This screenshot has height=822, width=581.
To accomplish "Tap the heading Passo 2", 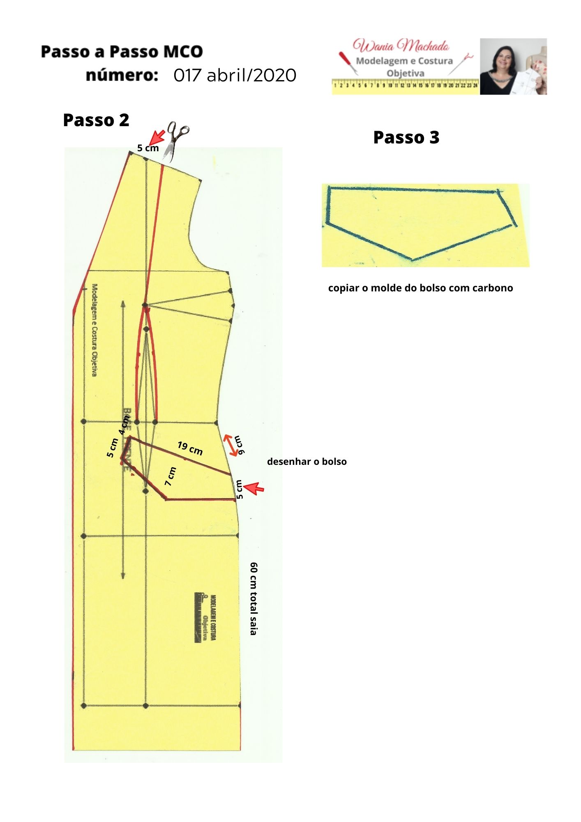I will coord(96,120).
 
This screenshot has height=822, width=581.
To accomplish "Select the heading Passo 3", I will coord(406,138).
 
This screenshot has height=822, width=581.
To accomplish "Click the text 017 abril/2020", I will coord(235,76).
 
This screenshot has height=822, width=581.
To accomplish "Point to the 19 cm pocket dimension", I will coord(190,448).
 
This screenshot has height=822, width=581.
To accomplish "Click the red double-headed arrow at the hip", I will coord(231,445).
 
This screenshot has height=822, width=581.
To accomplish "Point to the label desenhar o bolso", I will coord(307,462).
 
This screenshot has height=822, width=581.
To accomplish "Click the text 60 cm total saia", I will coord(254,598).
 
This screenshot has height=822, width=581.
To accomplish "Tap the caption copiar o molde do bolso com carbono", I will coord(420,288).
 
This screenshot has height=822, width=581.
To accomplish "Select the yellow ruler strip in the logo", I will coord(405,85).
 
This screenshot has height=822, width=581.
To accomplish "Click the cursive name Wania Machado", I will coord(401,46).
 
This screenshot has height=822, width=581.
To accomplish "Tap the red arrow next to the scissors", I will coord(156,136).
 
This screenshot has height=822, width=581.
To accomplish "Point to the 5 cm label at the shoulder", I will coord(148,148).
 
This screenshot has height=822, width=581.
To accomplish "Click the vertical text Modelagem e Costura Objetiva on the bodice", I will coord(95,330).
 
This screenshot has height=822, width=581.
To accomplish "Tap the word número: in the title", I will coord(122,76).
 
